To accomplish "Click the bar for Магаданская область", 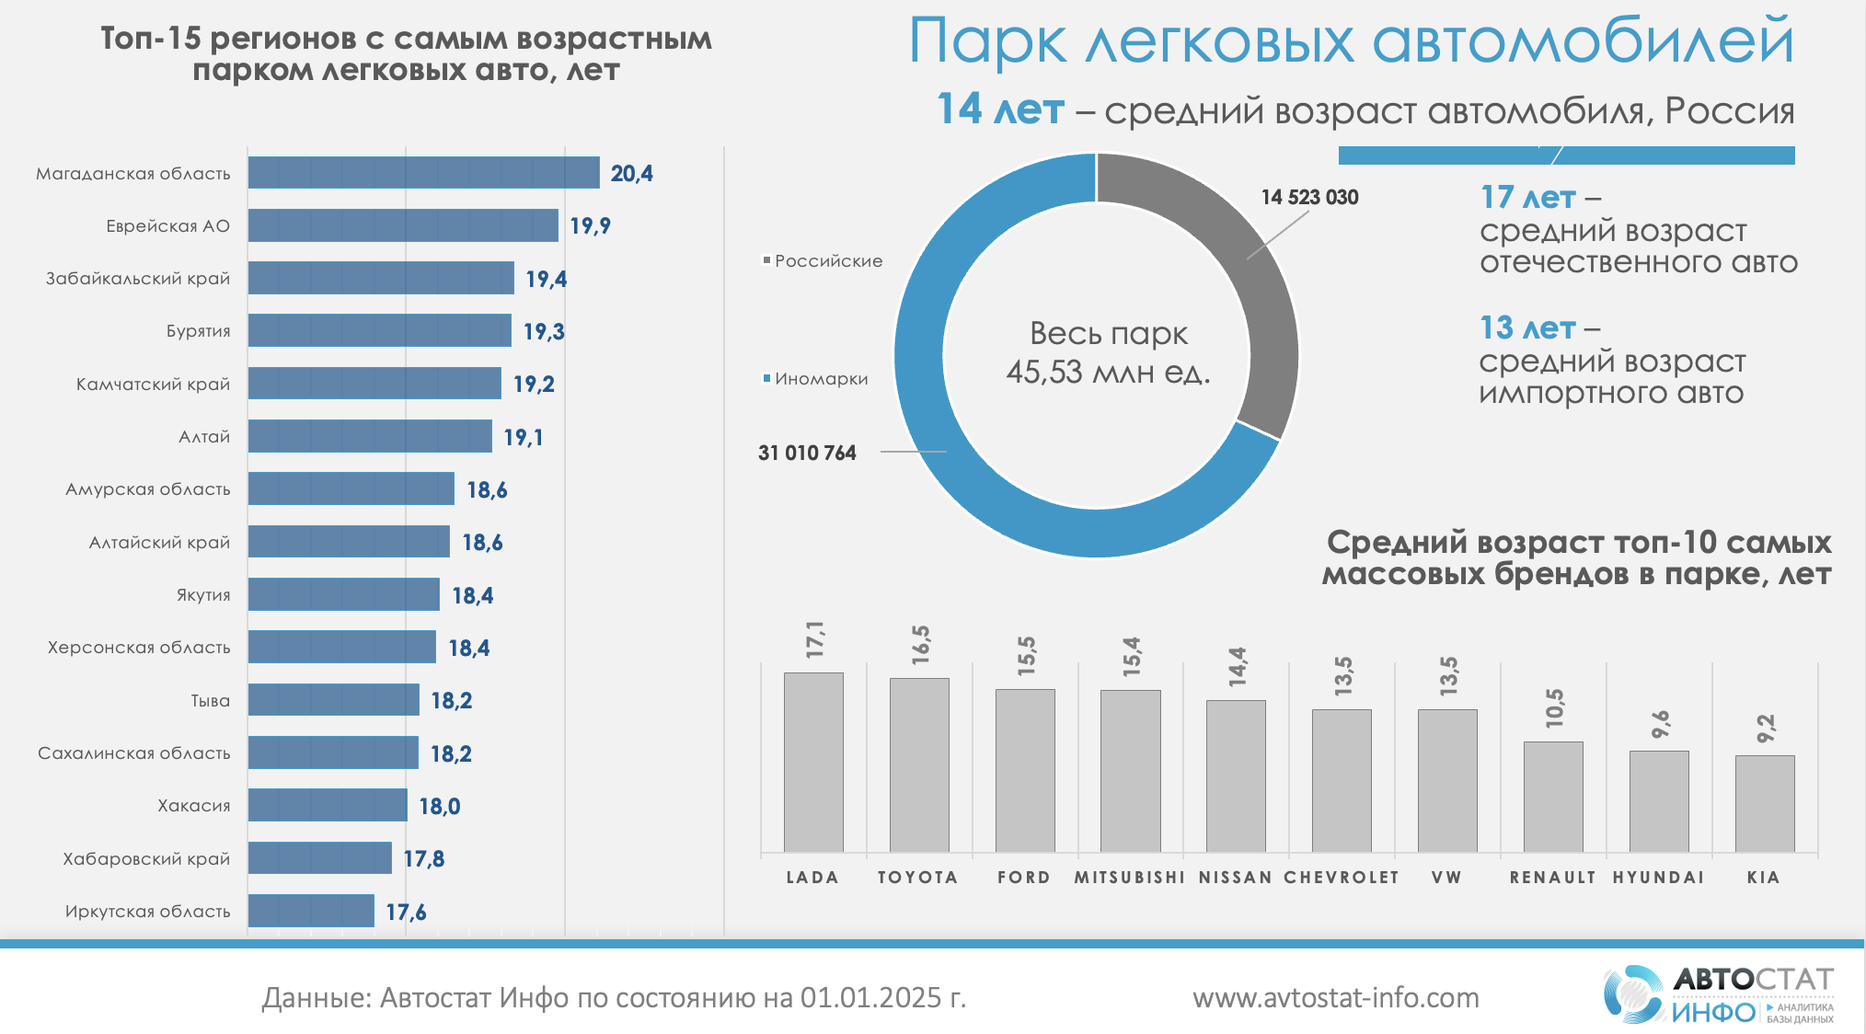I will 423,173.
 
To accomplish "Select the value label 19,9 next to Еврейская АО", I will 590,226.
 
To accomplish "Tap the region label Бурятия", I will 198,331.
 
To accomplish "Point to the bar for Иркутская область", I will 311,911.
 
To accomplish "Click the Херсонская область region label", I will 139,648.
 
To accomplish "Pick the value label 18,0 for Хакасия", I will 439,807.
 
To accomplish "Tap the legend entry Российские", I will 827,261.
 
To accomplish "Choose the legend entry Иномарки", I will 820,379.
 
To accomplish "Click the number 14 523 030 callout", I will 1309,198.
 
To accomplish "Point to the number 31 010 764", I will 807,453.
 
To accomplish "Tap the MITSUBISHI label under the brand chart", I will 1130,878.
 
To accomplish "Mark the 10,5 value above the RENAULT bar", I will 1554,707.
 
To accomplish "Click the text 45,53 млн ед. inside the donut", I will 1108,373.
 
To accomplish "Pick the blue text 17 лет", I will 1527,197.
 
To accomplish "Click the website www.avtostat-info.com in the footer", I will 1336,998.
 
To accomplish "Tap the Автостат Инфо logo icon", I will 1633,994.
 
